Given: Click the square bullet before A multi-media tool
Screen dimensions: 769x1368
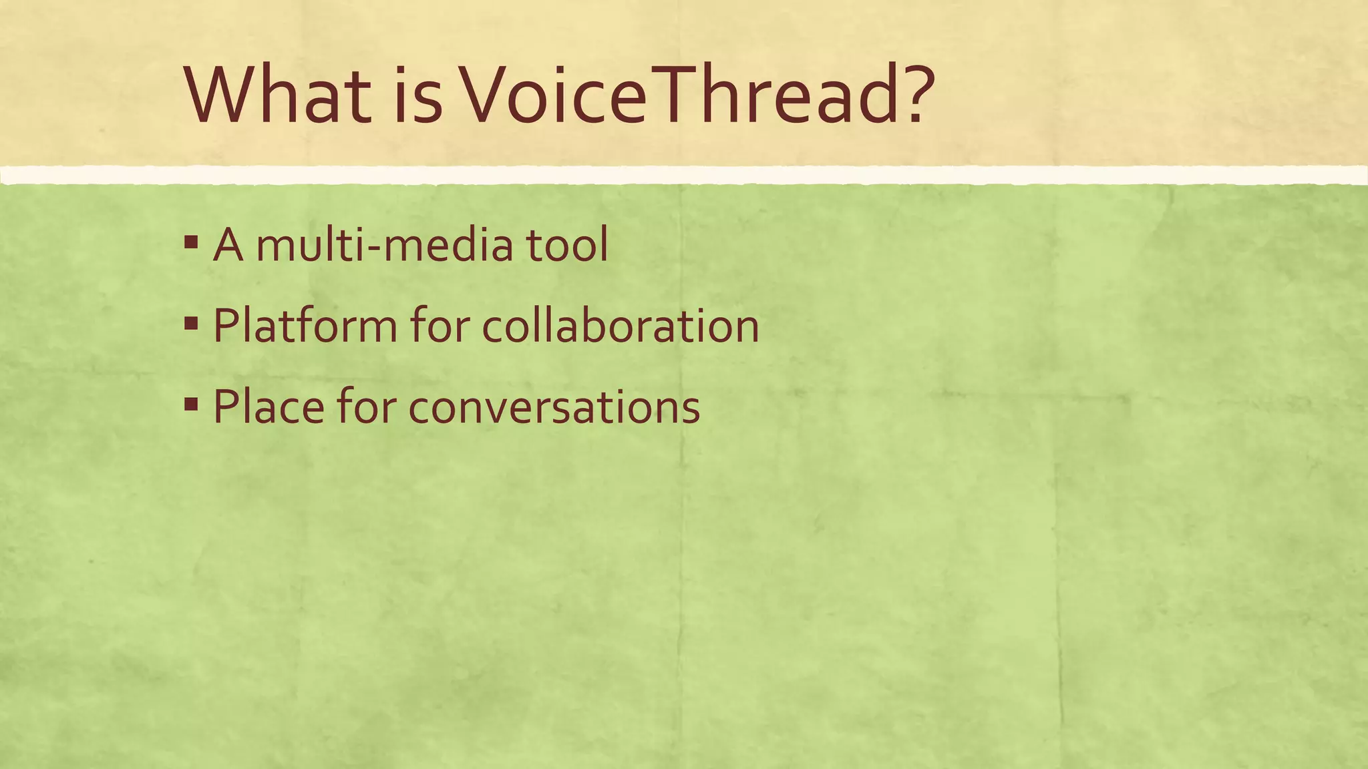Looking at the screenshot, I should coord(191,242).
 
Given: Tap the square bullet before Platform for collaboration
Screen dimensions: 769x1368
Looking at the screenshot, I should coord(191,324).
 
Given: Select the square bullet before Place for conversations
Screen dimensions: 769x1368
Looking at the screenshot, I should coord(191,405).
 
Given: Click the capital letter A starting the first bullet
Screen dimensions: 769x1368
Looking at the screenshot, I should coord(228,245).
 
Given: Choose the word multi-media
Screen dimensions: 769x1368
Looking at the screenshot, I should coord(385,245).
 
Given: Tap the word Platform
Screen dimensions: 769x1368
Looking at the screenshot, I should coord(305,326).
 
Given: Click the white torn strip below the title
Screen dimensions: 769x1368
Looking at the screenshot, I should coord(684,175).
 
